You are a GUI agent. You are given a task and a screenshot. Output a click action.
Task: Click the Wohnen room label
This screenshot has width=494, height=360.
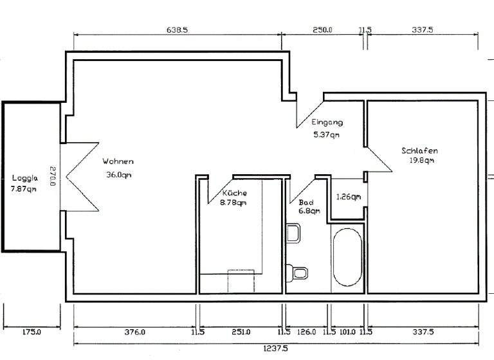pos(118,161)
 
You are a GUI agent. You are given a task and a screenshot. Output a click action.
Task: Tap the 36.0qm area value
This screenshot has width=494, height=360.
pos(119,174)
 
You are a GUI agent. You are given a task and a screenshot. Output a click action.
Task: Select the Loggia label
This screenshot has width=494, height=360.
pos(24,178)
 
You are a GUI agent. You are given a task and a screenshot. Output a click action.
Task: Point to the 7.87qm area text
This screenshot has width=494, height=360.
pos(24,189)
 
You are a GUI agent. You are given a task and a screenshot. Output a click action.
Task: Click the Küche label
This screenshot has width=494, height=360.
pos(234,193)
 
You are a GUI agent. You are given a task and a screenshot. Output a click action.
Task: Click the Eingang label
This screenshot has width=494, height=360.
pos(327,122)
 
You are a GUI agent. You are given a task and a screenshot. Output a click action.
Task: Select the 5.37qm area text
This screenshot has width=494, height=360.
pos(326,134)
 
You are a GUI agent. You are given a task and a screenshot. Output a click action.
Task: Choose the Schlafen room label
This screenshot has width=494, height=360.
pos(419,151)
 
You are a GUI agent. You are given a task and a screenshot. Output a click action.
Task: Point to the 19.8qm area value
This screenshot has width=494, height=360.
pos(422,161)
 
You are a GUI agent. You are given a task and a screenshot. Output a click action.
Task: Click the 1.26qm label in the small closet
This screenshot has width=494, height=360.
pos(348,197)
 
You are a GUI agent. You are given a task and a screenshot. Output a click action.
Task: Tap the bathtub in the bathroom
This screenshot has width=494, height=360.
pos(347,258)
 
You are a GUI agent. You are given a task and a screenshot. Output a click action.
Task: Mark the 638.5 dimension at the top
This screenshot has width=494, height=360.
pos(177,30)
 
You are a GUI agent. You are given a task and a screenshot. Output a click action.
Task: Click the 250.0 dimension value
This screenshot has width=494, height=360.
pos(322,30)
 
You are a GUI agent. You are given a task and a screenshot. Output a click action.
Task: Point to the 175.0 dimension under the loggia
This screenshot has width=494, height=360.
pos(32,332)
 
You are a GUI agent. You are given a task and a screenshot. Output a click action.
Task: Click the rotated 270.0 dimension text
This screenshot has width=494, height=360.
pos(53,177)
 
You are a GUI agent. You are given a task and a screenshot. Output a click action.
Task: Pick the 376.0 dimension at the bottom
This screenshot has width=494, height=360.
pos(134,332)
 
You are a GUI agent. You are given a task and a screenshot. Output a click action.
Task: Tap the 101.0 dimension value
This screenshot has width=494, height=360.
pos(347,332)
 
